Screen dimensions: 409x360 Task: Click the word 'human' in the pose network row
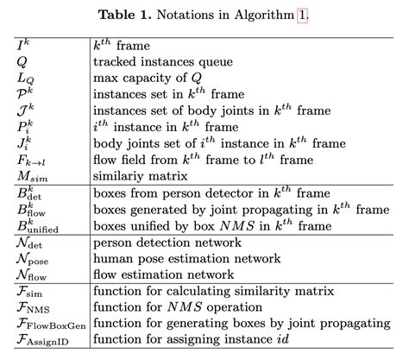pos(113,260)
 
